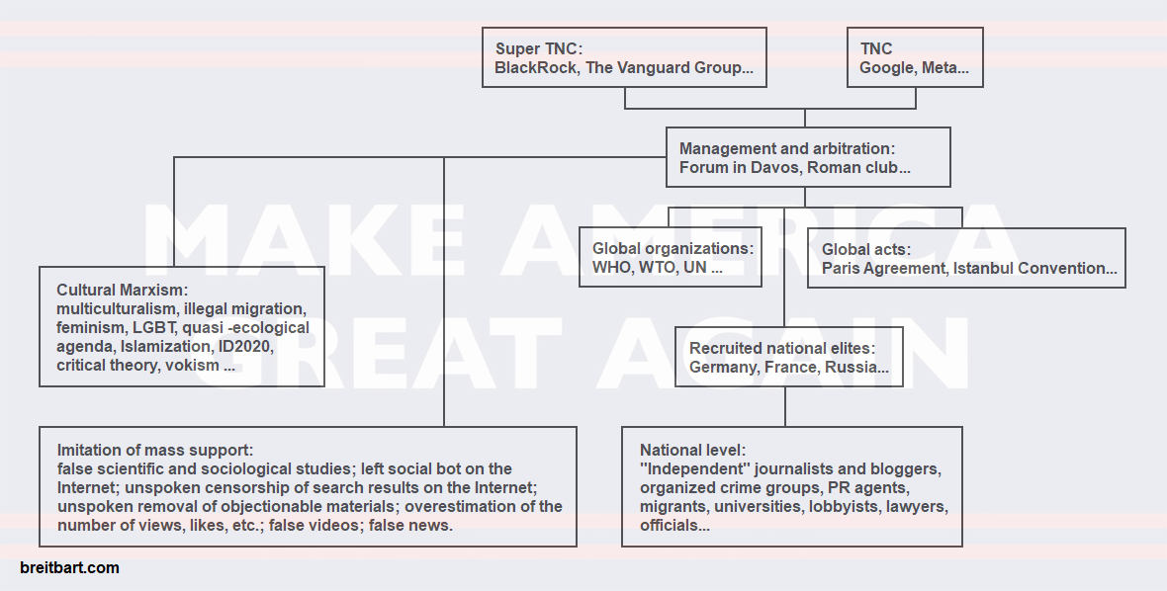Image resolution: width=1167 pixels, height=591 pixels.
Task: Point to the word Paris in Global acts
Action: coord(842,269)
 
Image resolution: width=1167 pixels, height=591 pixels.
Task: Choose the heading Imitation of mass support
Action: coord(155,450)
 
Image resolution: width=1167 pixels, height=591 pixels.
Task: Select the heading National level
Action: coord(692,451)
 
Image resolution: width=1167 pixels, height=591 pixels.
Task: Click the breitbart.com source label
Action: coord(69,568)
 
